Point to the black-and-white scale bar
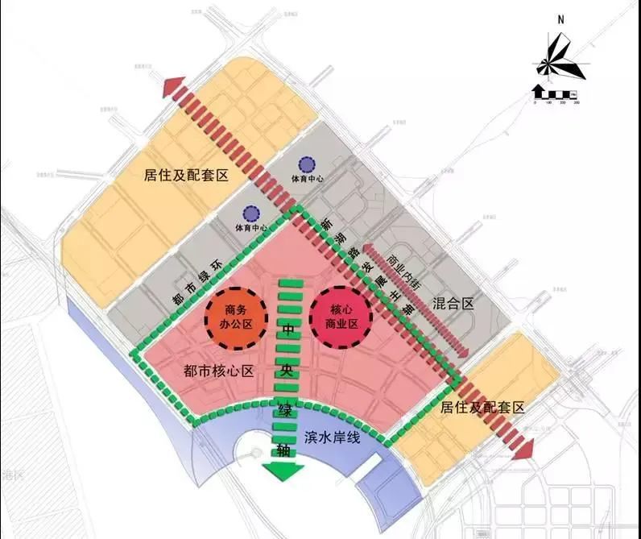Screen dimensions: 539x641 tap(556, 93)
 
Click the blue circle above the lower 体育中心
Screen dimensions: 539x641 tap(251, 213)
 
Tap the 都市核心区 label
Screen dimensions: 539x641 tap(219, 371)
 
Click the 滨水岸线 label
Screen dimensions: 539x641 tap(330, 437)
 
